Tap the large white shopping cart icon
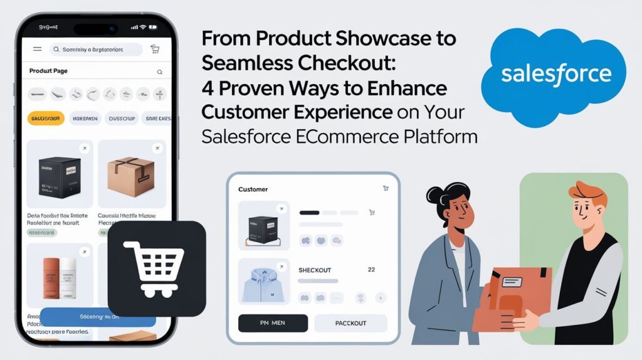(x=157, y=268)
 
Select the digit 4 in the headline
(x=206, y=88)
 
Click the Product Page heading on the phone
(x=48, y=71)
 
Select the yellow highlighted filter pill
(x=46, y=118)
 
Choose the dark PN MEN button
(x=273, y=323)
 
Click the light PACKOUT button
(x=350, y=323)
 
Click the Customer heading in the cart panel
(x=253, y=189)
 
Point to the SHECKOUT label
(x=315, y=270)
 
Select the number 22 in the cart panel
(x=371, y=270)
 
